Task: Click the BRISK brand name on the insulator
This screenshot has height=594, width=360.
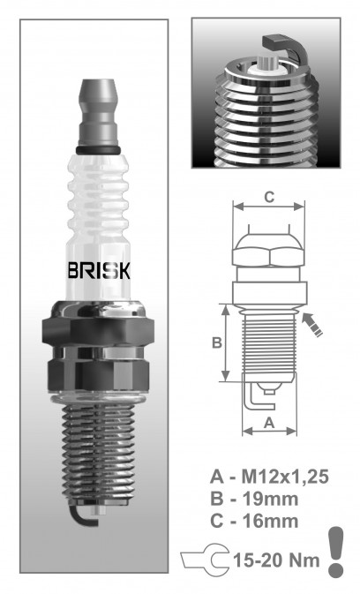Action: coord(99,270)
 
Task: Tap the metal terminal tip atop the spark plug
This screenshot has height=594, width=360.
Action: coord(98,112)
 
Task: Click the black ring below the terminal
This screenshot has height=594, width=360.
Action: coord(98,150)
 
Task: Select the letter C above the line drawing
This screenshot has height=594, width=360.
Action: coord(269,197)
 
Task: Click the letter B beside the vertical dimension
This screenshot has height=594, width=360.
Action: coord(216,342)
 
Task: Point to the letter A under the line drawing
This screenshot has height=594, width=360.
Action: coord(269,423)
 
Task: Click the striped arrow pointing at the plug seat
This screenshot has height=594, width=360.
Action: coord(312,324)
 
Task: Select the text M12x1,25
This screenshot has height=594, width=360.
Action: coord(285,477)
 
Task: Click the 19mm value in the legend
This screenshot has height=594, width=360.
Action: coord(270,499)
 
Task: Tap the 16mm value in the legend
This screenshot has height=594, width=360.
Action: coord(270,522)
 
